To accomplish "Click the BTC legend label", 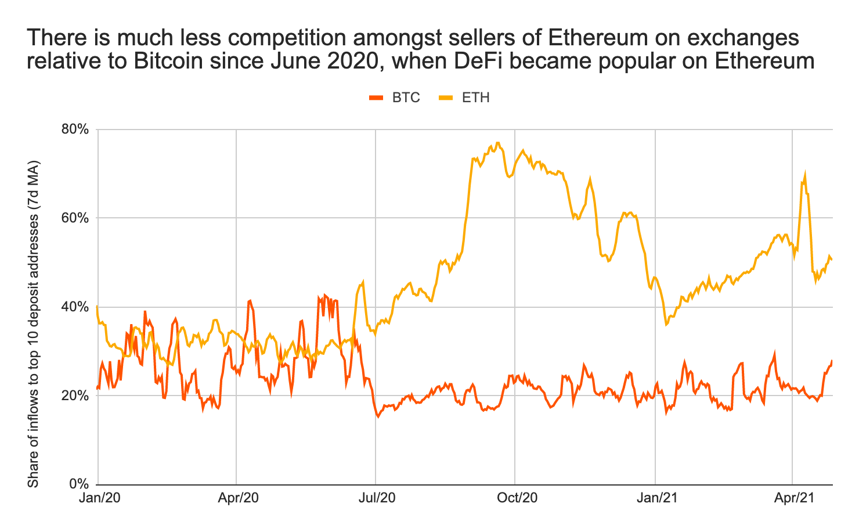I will coord(406,98).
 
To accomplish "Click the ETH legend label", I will coord(475,98).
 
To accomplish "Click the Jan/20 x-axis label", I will coord(98,498).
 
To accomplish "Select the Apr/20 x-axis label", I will coord(236,498).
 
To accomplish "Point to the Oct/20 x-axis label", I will coord(515,498).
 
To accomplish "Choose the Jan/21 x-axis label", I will coord(655,498).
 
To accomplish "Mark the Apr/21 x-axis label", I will coord(793,498).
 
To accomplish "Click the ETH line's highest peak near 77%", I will coord(497,142).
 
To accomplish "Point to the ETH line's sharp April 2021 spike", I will coord(805,174).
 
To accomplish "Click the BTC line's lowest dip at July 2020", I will coord(378,416).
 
